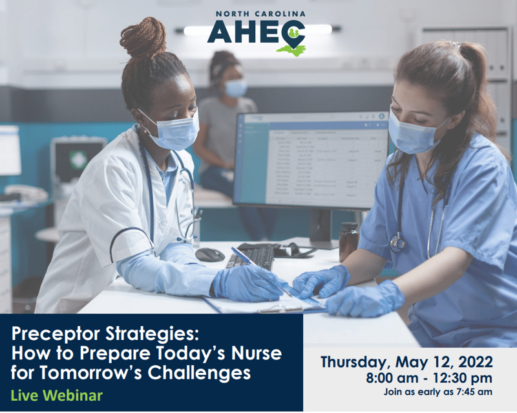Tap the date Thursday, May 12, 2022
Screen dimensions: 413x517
pos(407,361)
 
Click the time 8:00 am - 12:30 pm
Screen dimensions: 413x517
pos(427,377)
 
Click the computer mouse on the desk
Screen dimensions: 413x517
pos(209,254)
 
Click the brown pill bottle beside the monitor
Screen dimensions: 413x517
pos(348,241)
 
